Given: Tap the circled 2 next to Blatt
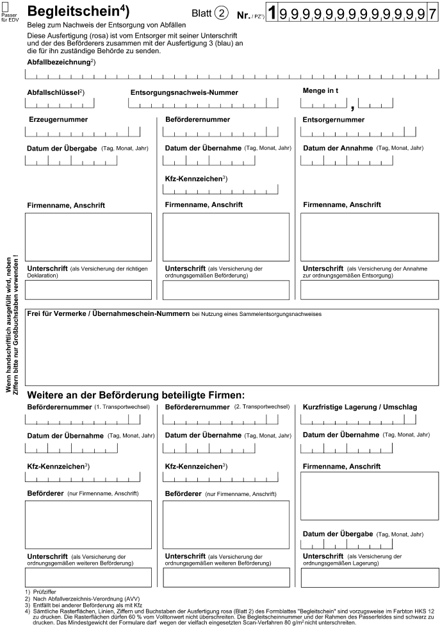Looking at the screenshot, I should [x=222, y=13].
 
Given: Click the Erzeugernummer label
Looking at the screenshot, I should [x=58, y=119].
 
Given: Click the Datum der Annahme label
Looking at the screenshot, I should [x=338, y=148].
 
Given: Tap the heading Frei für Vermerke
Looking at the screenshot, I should [x=108, y=314].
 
